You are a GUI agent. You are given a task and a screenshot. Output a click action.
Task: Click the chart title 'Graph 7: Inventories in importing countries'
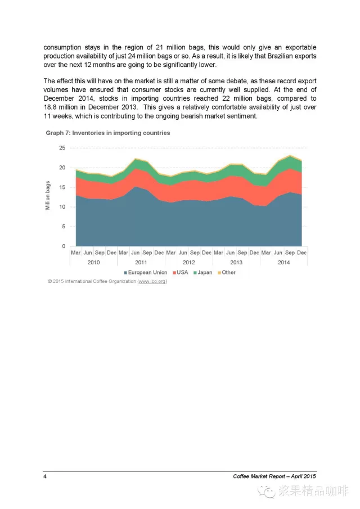pyautogui.click(x=108, y=133)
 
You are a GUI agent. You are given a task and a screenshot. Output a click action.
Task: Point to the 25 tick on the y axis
pyautogui.click(x=62, y=148)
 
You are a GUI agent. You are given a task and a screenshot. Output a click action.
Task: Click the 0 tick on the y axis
pyautogui.click(x=64, y=246)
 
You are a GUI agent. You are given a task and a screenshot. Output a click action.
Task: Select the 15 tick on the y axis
pyautogui.click(x=62, y=187)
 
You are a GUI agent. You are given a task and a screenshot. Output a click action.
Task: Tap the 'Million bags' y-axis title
pyautogui.click(x=48, y=196)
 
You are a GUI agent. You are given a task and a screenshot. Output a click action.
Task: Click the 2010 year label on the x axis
pyautogui.click(x=93, y=262)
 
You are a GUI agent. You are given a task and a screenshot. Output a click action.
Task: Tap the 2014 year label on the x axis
pyautogui.click(x=283, y=262)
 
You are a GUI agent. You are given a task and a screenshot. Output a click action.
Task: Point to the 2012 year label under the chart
pyautogui.click(x=188, y=262)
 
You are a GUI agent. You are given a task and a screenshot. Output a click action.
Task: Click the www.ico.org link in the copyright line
pyautogui.click(x=152, y=281)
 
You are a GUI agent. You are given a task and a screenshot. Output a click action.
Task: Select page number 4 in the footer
pyautogui.click(x=45, y=476)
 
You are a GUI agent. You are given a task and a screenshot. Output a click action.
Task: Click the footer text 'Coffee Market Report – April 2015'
pyautogui.click(x=274, y=476)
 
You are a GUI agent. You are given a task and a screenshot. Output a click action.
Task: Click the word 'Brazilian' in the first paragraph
pyautogui.click(x=277, y=56)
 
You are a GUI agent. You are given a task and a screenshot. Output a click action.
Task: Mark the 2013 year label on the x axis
pyautogui.click(x=236, y=262)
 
